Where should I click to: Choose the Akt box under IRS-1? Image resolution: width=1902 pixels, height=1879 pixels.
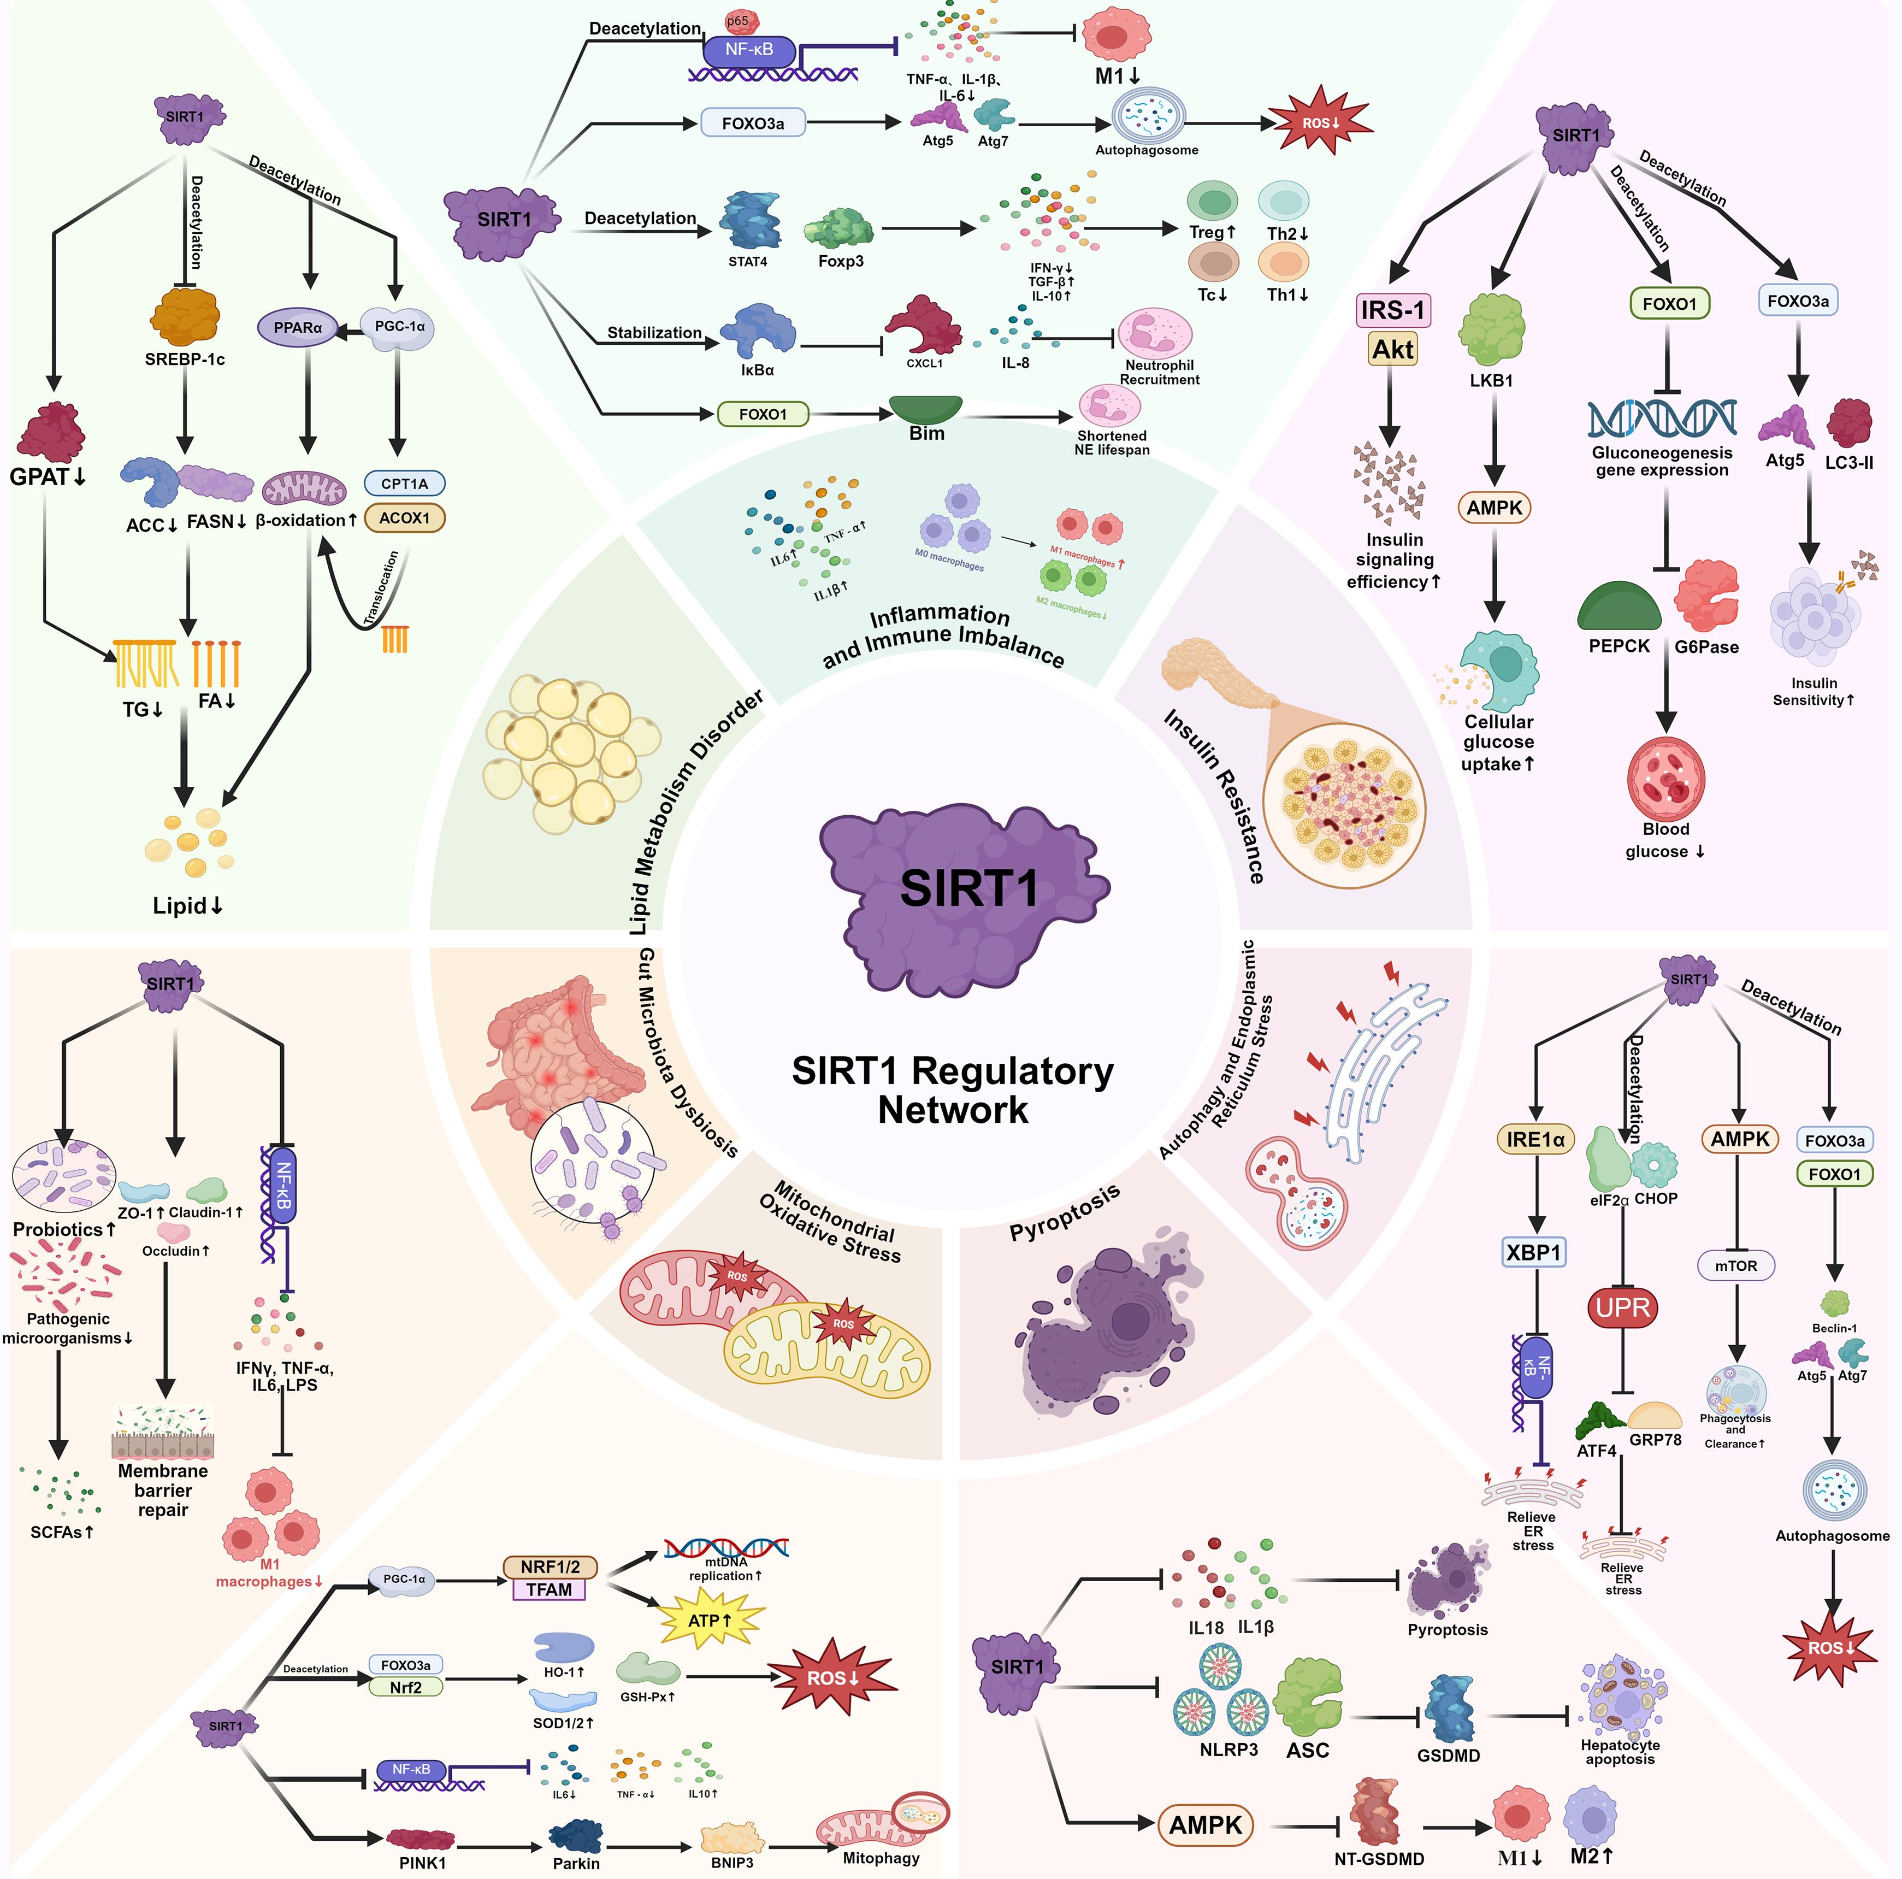[x=1392, y=349]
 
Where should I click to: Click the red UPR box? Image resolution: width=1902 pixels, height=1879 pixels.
[x=1622, y=1308]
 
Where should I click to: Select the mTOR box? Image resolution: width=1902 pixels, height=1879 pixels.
[x=1735, y=1265]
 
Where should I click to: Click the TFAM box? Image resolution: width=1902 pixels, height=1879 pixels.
[x=548, y=1589]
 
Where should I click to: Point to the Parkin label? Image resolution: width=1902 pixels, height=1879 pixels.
[x=576, y=1863]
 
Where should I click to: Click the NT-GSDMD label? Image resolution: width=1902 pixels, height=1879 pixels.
[x=1379, y=1858]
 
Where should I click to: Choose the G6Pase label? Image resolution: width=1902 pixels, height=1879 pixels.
[x=1706, y=647]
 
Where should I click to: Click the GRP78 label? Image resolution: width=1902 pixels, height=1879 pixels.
[x=1655, y=1439]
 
